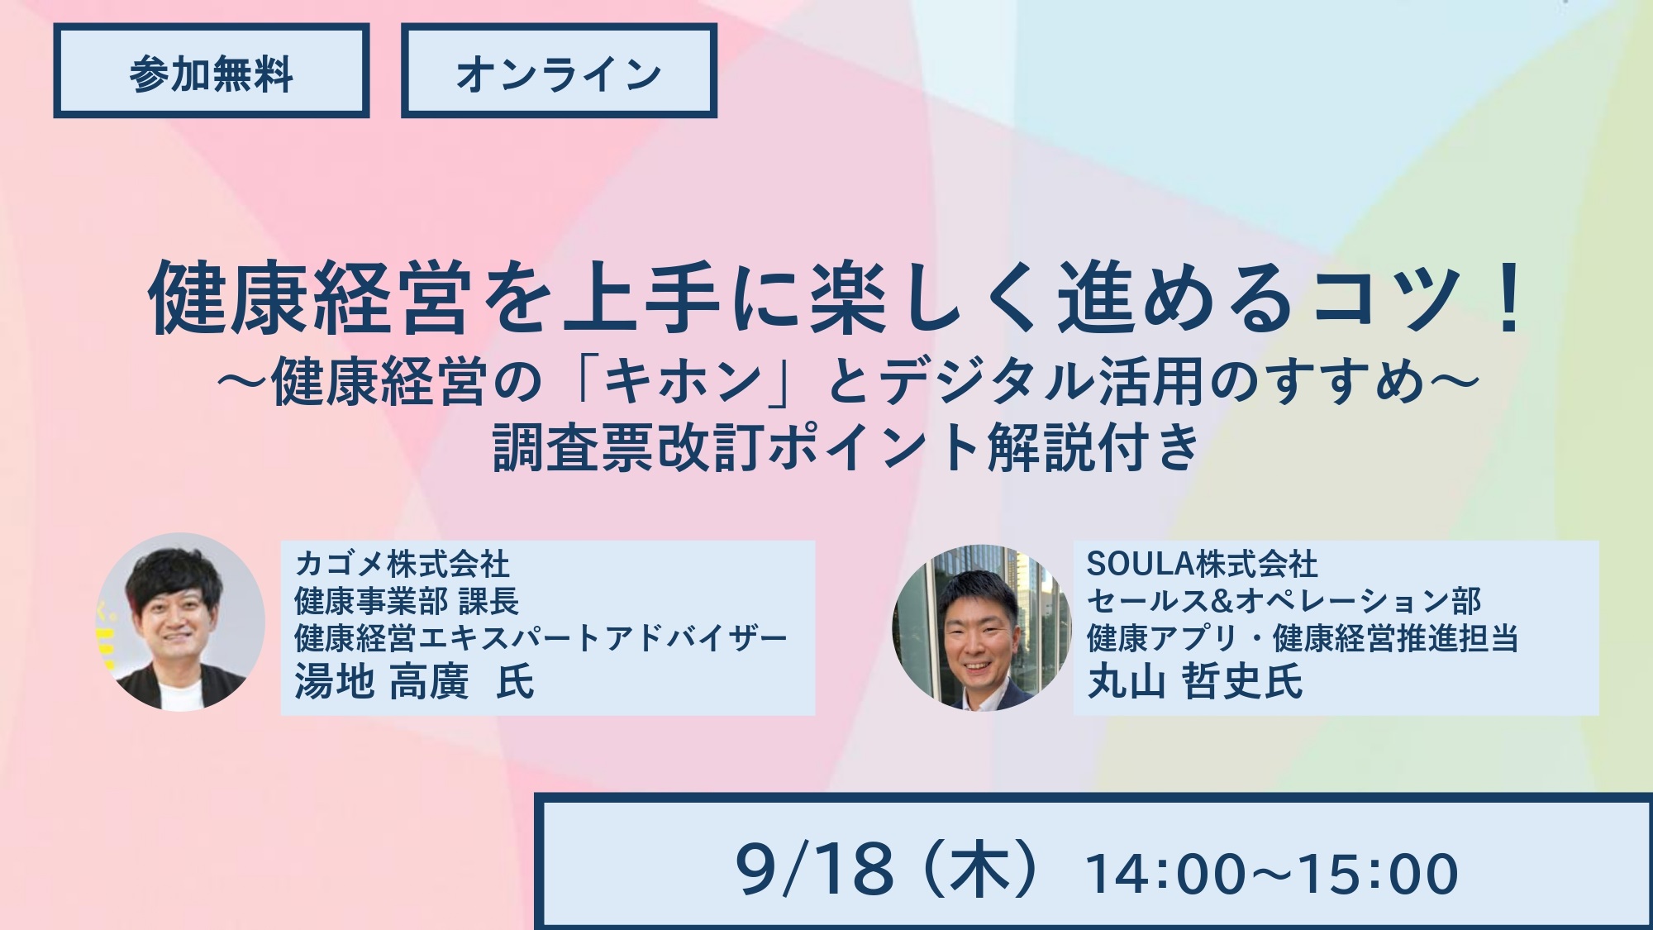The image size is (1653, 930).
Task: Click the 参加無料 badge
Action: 212,71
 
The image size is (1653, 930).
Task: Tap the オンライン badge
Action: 559,71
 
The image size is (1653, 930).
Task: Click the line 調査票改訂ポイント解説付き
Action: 846,447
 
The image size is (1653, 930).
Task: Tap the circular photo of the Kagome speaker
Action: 180,622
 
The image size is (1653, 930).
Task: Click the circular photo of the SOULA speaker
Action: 982,627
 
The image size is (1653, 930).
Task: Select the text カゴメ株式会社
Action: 402,565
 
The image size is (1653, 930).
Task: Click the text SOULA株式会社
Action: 1203,565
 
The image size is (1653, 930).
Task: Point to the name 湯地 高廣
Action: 381,683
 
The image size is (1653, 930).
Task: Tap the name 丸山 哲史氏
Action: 1194,682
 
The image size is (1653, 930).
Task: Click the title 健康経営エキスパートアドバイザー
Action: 541,638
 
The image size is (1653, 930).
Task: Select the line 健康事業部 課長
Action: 407,601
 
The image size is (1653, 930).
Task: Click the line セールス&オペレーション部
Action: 1284,601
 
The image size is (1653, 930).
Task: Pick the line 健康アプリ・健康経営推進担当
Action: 1303,638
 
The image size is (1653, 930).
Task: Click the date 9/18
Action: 815,870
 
